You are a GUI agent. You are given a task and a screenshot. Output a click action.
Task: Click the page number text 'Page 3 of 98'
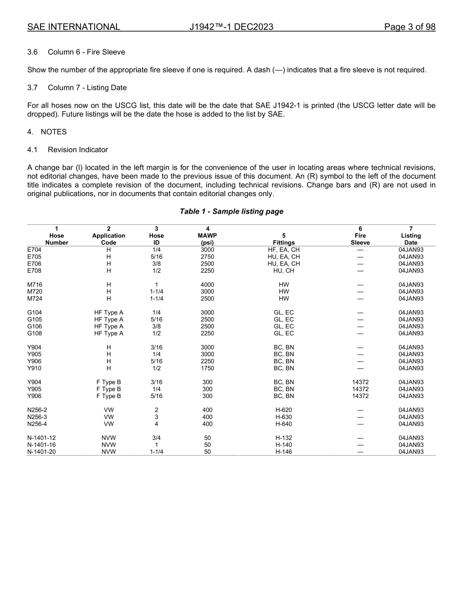[x=409, y=27]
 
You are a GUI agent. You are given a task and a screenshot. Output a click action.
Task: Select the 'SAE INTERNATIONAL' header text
[x=74, y=27]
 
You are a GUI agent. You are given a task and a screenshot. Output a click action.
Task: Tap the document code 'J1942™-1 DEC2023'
[x=231, y=27]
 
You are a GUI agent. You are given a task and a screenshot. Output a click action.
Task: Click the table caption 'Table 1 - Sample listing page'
[x=231, y=212]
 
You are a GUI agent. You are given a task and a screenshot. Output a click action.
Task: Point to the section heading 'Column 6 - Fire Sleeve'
[x=86, y=52]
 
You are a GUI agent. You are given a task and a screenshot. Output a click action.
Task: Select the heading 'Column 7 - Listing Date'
[x=87, y=87]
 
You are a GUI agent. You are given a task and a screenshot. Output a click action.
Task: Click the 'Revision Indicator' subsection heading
[x=78, y=150]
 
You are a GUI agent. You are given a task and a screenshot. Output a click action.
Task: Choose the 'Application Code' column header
[x=109, y=236]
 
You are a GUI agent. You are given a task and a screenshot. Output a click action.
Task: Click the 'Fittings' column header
[x=284, y=242]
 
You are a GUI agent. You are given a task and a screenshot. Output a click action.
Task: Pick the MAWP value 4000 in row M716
[x=208, y=285]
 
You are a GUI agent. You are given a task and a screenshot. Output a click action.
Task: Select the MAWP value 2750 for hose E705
[x=208, y=257]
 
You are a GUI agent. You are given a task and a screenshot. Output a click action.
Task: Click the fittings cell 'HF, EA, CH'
[x=284, y=250]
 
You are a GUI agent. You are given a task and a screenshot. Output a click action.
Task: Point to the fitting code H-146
[x=284, y=452]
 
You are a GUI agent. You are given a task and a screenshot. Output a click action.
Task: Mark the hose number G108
[x=34, y=334]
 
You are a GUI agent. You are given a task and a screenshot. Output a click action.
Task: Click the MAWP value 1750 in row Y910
[x=208, y=368]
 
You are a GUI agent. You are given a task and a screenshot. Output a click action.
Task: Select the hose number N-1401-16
[x=41, y=445]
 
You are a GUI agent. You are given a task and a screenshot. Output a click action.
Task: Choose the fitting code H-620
[x=284, y=410]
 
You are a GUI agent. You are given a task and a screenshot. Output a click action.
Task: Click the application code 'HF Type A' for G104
[x=109, y=313]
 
